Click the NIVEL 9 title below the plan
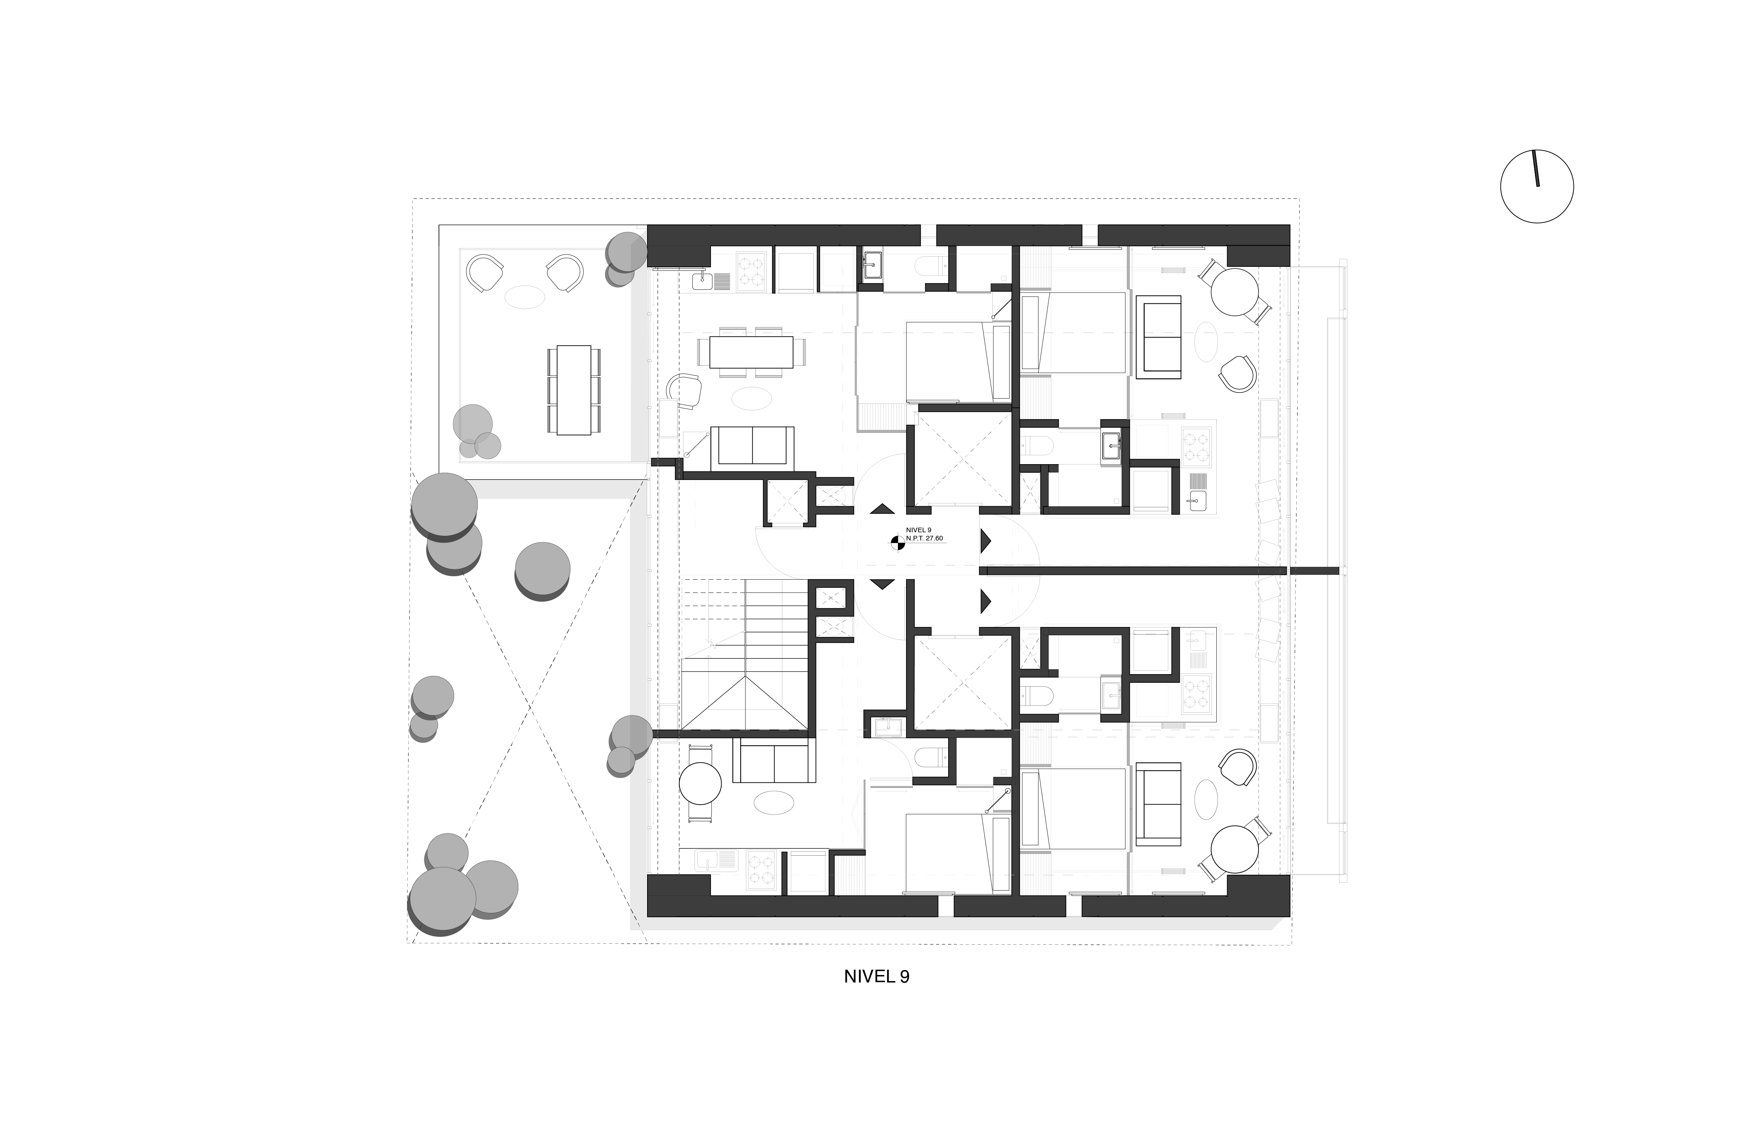click(x=876, y=977)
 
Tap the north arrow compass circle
click(x=1537, y=186)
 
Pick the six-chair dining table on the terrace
click(x=574, y=390)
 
